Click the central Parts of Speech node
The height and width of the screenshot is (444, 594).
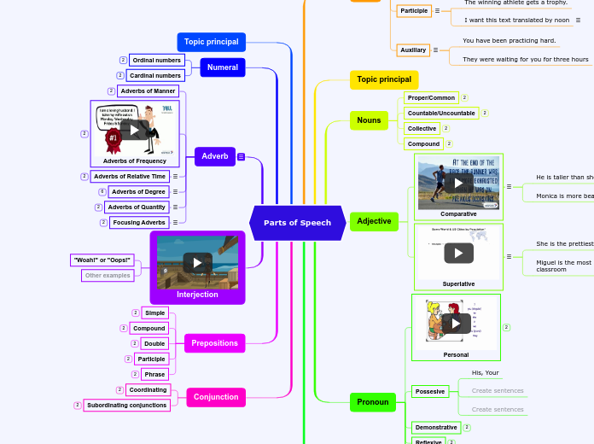point(297,223)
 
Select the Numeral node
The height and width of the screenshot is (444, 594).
point(223,67)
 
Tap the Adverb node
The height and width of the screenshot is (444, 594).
point(215,156)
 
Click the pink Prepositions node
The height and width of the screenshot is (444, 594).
point(215,343)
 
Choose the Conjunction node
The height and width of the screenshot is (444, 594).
point(216,397)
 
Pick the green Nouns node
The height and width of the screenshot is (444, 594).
point(369,120)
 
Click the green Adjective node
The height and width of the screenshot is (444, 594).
point(374,221)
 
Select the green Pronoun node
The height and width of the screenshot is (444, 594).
point(373,402)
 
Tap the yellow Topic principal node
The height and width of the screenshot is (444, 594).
point(383,79)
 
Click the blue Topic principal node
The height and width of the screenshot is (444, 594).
point(212,42)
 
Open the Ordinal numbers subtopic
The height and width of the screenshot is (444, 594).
point(156,61)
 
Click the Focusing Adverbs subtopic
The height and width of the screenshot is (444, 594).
point(139,223)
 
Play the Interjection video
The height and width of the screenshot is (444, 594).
point(197,263)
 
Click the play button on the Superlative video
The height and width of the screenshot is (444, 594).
point(458,253)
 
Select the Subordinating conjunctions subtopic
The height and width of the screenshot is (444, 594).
point(127,406)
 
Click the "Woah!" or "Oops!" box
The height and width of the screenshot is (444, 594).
point(102,260)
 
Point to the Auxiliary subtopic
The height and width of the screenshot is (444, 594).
point(413,50)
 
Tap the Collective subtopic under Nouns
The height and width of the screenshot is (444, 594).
point(422,129)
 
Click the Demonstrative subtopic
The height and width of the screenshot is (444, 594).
point(436,428)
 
